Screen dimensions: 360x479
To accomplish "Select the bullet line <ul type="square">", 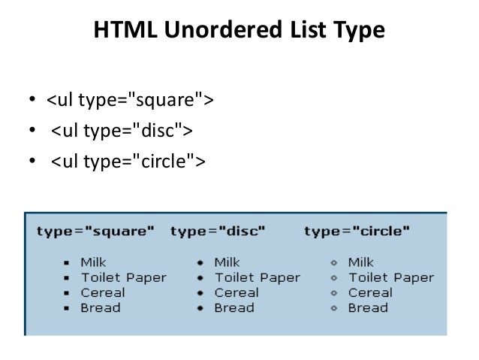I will [x=130, y=101].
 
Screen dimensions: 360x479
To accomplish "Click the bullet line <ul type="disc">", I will [x=122, y=131].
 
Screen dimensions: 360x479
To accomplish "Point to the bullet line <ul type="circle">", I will [x=128, y=161].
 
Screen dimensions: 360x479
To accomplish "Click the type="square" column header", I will [x=95, y=231].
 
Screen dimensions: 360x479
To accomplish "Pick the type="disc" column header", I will [x=218, y=231].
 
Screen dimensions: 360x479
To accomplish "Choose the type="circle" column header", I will [x=357, y=231].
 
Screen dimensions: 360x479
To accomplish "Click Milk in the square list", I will [x=94, y=262].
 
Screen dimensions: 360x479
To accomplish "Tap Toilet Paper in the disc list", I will [x=257, y=277].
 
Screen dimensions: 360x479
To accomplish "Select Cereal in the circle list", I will [x=370, y=292].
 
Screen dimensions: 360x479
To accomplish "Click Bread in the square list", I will [x=101, y=307].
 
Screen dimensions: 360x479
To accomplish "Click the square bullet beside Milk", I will [x=66, y=263].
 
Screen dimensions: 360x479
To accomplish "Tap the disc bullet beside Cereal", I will [x=200, y=293].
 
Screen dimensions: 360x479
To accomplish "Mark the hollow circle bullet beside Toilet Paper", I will [x=334, y=278].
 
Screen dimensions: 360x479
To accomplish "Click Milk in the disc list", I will [x=227, y=262].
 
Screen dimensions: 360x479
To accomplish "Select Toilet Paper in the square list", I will [x=124, y=277].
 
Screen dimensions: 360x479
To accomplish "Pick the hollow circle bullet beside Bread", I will [x=334, y=308].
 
